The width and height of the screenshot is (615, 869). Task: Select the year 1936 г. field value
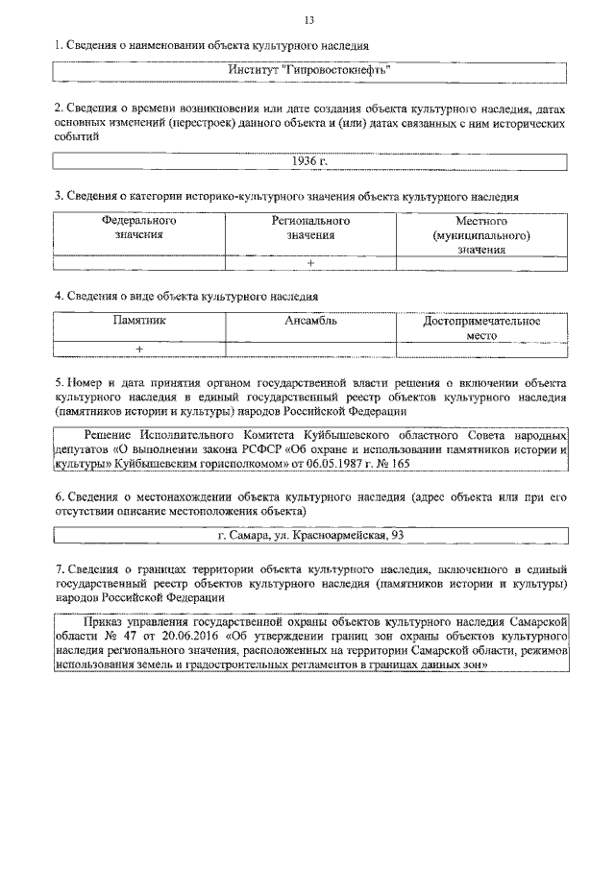309,161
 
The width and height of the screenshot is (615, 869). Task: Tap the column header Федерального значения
138,227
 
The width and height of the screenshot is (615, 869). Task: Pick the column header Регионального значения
310,227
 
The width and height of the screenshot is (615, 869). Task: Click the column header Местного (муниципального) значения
481,234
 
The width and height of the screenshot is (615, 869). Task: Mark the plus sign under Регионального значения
310,262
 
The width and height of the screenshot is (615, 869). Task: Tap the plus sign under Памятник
138,349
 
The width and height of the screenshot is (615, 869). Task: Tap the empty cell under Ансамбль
310,349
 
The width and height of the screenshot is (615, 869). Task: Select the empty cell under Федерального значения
138,262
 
